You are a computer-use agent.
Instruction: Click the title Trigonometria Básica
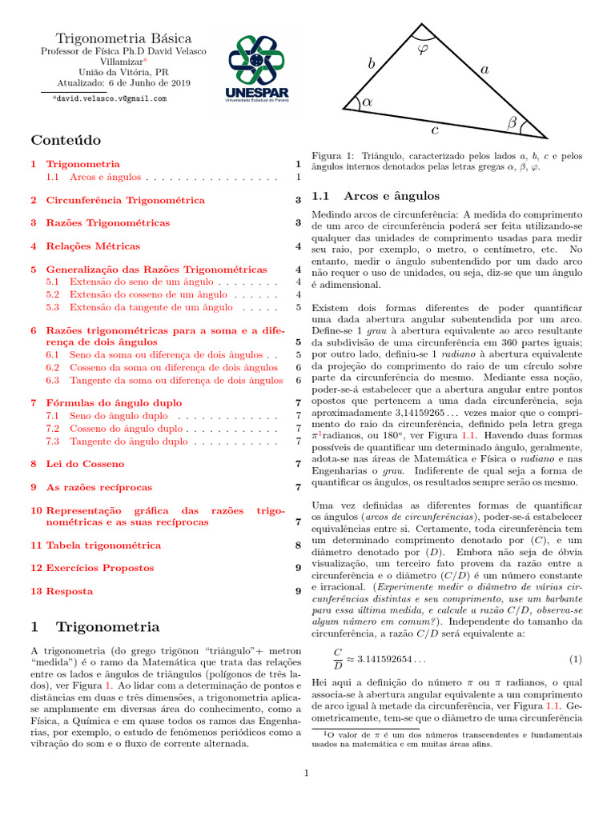coord(123,38)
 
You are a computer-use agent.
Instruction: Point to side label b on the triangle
coord(371,63)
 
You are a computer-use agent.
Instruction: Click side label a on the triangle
coord(484,70)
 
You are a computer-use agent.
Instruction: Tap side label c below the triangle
coord(434,130)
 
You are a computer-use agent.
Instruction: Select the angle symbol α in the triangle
coord(368,102)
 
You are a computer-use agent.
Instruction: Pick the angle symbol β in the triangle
coord(512,122)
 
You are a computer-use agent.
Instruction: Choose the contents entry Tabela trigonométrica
coord(103,545)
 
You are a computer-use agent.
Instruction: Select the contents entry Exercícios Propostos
coord(99,568)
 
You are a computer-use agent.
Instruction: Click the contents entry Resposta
coord(70,591)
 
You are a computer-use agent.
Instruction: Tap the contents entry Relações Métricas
coord(93,246)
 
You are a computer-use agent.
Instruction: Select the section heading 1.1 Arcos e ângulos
coord(376,195)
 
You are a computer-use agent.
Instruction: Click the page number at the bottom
coord(307,773)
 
